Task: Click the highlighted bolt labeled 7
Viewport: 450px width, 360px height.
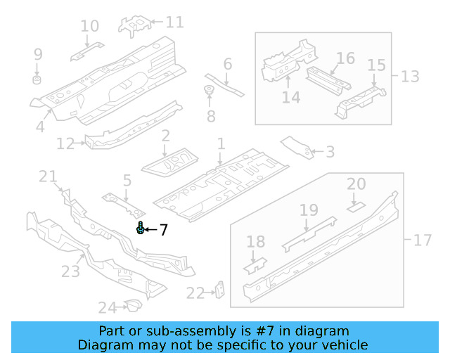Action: pos(141,229)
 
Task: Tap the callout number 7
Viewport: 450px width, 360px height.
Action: pos(163,230)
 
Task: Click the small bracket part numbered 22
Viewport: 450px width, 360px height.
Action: pos(219,290)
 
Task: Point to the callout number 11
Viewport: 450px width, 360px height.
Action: pos(174,22)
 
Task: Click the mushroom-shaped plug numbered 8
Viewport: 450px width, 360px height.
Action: pos(209,91)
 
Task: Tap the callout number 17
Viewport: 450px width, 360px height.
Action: pos(422,240)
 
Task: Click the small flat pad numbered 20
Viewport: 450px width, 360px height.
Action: pos(356,207)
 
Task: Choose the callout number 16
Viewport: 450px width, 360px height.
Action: pos(345,58)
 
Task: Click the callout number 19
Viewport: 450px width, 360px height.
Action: pos(309,210)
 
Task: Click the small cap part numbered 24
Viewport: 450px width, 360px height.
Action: pos(131,304)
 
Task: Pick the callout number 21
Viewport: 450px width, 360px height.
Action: pos(47,176)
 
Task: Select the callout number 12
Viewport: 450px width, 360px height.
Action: pos(65,144)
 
